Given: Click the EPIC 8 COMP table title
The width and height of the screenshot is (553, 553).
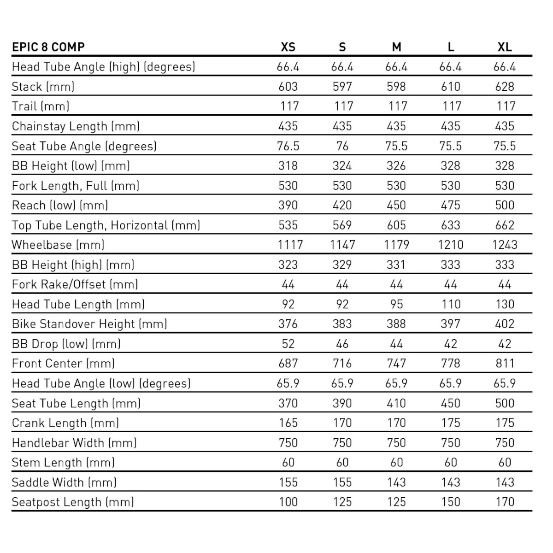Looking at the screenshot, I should pos(48,47).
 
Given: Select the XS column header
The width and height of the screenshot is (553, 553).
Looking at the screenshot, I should pos(288,47).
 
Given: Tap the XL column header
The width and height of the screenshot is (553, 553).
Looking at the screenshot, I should pos(505,47).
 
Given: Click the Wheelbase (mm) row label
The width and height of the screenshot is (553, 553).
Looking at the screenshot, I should pos(58,245).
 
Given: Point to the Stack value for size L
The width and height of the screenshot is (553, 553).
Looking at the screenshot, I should pos(450,87).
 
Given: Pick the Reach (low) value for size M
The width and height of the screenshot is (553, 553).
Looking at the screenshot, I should pos(396,206).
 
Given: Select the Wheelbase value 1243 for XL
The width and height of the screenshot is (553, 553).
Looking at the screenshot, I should pos(505,245).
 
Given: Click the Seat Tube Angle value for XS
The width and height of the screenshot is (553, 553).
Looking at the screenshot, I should pos(288,146).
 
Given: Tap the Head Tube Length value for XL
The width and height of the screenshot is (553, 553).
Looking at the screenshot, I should pos(505,304).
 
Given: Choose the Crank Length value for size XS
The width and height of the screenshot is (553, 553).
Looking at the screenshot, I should pos(288,423).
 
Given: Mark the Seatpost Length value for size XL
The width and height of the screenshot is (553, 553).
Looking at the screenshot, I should pos(505,502).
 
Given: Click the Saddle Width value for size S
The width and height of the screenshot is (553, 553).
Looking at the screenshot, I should pos(342,482).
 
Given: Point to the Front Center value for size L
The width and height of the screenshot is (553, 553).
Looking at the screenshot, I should pos(450,364).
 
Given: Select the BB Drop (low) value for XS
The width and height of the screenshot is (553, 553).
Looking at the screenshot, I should pos(288,344).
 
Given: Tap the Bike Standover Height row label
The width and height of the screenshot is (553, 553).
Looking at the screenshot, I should pos(89,324).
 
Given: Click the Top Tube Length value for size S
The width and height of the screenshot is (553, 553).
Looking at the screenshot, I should pos(342,225).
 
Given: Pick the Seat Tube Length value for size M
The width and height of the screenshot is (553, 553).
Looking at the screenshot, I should pos(396,403).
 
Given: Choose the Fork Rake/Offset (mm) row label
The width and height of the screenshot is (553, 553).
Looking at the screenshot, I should pos(75,284).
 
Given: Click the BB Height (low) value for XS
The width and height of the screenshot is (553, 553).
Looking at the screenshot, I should pos(288,166).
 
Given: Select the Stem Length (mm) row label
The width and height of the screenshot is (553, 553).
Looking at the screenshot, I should pos(63,463).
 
